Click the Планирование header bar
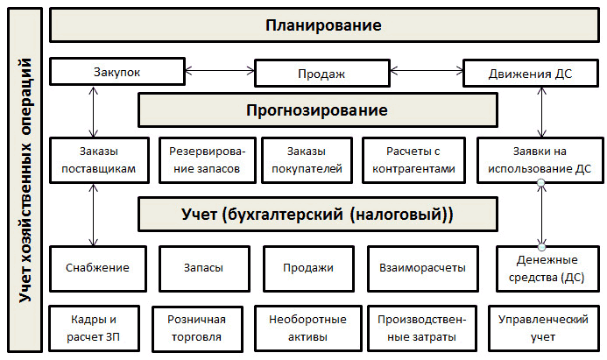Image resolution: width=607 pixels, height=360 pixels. point(323,25)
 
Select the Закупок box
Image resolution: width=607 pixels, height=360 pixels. point(116,73)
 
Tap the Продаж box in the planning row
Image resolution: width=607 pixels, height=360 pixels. point(322,74)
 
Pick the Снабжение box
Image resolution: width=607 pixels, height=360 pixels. point(96,268)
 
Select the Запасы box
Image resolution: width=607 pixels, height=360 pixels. point(203,268)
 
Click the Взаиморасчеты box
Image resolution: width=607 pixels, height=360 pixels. point(416,268)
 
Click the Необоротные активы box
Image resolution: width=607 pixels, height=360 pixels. point(307,326)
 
